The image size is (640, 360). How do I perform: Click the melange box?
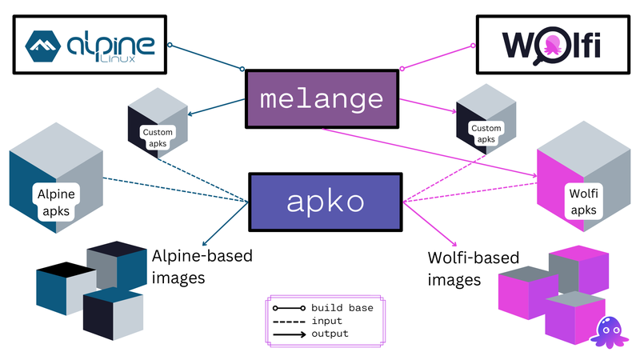coord(321,99)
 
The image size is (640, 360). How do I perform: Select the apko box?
coord(325,202)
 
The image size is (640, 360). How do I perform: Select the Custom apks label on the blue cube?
coord(157,138)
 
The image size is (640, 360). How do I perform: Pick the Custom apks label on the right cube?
coord(486,134)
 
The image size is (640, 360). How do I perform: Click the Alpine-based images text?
coord(202,267)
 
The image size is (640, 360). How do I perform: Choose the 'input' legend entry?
coord(326,321)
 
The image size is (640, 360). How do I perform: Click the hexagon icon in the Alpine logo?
coord(46,45)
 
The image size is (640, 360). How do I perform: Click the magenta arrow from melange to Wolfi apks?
coord(432,152)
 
